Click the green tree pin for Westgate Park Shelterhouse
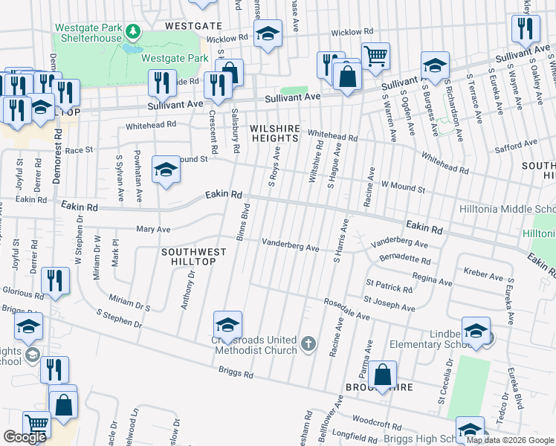coord(133,31)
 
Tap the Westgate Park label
coord(175,57)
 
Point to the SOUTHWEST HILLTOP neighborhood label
coord(189,256)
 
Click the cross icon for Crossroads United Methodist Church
coord(309,344)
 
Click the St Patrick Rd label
coord(388,285)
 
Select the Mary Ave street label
coord(153,229)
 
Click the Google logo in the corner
coord(25,436)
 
